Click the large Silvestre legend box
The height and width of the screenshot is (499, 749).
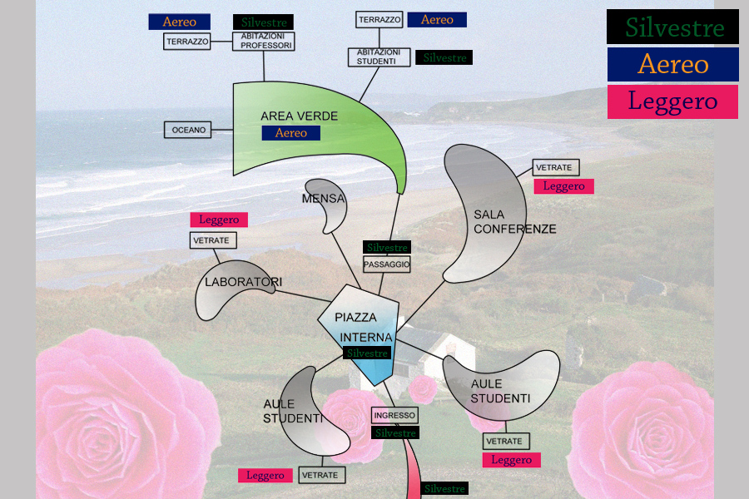click(x=672, y=27)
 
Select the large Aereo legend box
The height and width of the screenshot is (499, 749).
click(x=672, y=64)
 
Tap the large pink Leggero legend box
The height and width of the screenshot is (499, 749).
click(x=672, y=101)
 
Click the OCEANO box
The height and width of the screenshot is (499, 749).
click(x=188, y=130)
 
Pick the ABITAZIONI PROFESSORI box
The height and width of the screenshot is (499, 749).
click(x=263, y=42)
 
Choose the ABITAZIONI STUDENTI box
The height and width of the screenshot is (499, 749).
click(x=379, y=57)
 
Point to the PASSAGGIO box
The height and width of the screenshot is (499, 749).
click(x=387, y=264)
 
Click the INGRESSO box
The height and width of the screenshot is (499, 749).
click(x=394, y=415)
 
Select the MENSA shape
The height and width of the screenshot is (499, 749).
click(x=327, y=204)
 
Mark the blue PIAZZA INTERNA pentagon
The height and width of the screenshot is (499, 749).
click(x=360, y=333)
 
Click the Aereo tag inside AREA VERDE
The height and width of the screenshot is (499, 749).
click(x=290, y=133)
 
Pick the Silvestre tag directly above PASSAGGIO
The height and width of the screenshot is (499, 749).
click(x=387, y=248)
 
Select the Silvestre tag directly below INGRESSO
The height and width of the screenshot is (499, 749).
click(x=394, y=433)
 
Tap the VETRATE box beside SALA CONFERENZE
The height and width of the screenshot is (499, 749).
click(x=555, y=168)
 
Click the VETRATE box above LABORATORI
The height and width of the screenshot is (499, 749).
click(x=213, y=240)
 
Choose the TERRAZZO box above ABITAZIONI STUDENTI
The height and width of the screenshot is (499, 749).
click(x=379, y=19)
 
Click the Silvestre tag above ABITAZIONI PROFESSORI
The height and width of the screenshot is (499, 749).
click(x=263, y=22)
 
